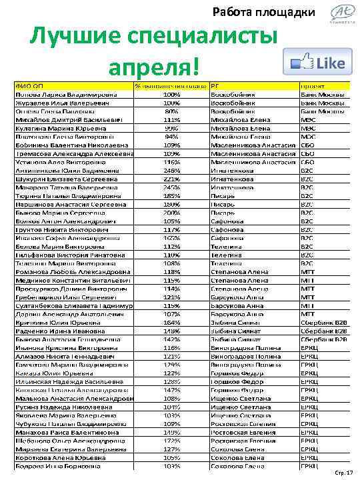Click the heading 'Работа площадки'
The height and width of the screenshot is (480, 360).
pyautogui.click(x=264, y=13)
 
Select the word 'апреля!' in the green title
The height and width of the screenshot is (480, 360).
pyautogui.click(x=154, y=66)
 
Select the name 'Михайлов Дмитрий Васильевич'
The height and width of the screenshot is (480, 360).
pyautogui.click(x=59, y=119)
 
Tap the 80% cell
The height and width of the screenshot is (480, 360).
pyautogui.click(x=171, y=111)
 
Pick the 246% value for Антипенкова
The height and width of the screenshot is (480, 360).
pyautogui.click(x=171, y=170)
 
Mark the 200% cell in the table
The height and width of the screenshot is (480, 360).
pyautogui.click(x=171, y=212)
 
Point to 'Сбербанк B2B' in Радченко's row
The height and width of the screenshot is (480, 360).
pyautogui.click(x=323, y=330)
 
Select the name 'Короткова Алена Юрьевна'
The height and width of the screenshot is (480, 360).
pyautogui.click(x=53, y=457)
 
